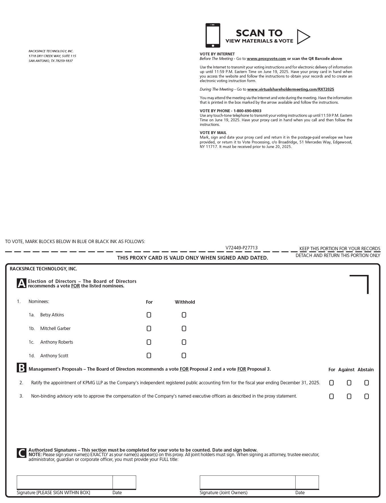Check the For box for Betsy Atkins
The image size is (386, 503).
149,315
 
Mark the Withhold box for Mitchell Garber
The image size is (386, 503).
184,328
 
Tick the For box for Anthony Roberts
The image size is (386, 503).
149,342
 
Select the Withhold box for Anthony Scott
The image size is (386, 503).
184,355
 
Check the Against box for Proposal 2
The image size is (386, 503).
349,383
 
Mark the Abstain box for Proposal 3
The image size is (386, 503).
367,396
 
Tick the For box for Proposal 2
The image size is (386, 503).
331,383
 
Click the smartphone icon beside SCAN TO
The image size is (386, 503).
213,36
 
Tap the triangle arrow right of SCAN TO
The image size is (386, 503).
303,37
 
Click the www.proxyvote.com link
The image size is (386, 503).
266,59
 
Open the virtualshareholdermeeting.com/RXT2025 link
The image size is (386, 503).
290,89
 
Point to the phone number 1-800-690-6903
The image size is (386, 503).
247,111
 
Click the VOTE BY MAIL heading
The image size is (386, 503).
213,133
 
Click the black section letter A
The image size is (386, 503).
21,283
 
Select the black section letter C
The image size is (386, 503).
21,453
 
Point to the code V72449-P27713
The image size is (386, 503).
241,248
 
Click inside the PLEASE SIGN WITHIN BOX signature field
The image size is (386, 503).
65,482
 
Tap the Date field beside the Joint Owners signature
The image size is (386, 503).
307,482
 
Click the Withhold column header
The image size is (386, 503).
185,302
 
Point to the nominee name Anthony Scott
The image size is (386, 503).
54,356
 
